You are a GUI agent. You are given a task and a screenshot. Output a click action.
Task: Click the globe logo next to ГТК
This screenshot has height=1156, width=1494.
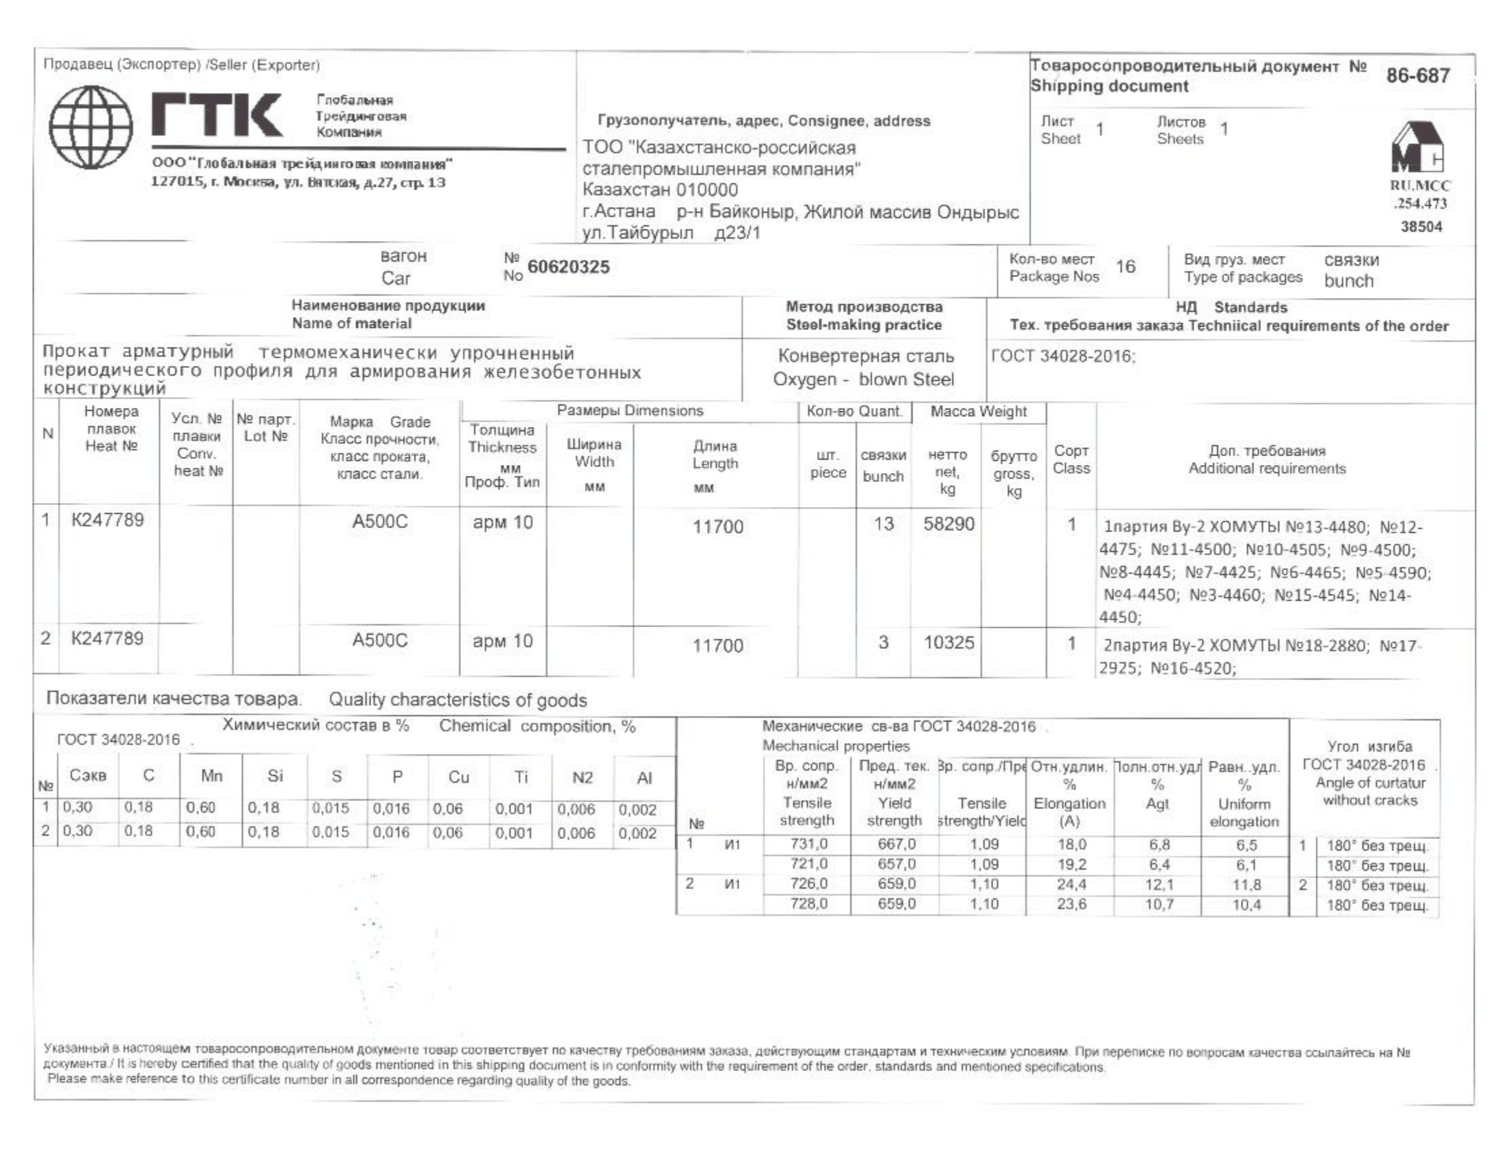click(x=90, y=127)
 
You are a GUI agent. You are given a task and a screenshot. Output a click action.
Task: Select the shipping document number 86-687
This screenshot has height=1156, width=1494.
click(x=1417, y=75)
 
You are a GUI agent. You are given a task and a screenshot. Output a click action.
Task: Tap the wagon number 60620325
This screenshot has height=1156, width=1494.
click(x=568, y=267)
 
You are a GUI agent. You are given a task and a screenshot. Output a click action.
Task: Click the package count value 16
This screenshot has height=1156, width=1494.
click(x=1125, y=267)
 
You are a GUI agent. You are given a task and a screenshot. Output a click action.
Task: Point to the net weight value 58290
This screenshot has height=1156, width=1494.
click(x=948, y=524)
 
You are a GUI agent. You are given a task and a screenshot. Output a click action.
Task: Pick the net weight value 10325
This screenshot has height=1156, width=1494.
click(x=948, y=643)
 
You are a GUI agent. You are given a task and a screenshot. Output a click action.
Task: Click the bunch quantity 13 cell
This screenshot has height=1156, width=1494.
click(x=883, y=524)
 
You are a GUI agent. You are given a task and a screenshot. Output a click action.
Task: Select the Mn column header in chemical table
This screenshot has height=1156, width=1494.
click(x=211, y=776)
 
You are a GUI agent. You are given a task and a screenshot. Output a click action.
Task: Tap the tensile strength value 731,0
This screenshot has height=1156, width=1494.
click(x=808, y=844)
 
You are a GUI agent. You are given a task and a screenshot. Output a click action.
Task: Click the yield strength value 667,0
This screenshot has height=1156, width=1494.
click(x=896, y=844)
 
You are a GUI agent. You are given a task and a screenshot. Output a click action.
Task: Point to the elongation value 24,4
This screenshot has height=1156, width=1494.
click(x=1070, y=884)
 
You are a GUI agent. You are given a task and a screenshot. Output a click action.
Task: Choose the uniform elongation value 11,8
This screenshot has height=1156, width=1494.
click(x=1246, y=885)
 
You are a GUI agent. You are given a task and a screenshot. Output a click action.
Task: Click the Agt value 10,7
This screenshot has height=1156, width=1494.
click(x=1159, y=905)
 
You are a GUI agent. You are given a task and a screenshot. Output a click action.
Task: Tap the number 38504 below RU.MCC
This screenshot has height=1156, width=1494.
click(x=1421, y=227)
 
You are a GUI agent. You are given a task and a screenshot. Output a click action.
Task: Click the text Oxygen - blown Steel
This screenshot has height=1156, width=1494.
click(x=863, y=379)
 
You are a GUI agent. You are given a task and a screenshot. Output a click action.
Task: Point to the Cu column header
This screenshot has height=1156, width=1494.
click(x=458, y=777)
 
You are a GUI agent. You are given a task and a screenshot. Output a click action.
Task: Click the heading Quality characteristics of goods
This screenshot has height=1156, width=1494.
click(x=458, y=700)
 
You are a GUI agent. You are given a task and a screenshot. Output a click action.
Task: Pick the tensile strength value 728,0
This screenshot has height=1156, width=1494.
click(x=808, y=904)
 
